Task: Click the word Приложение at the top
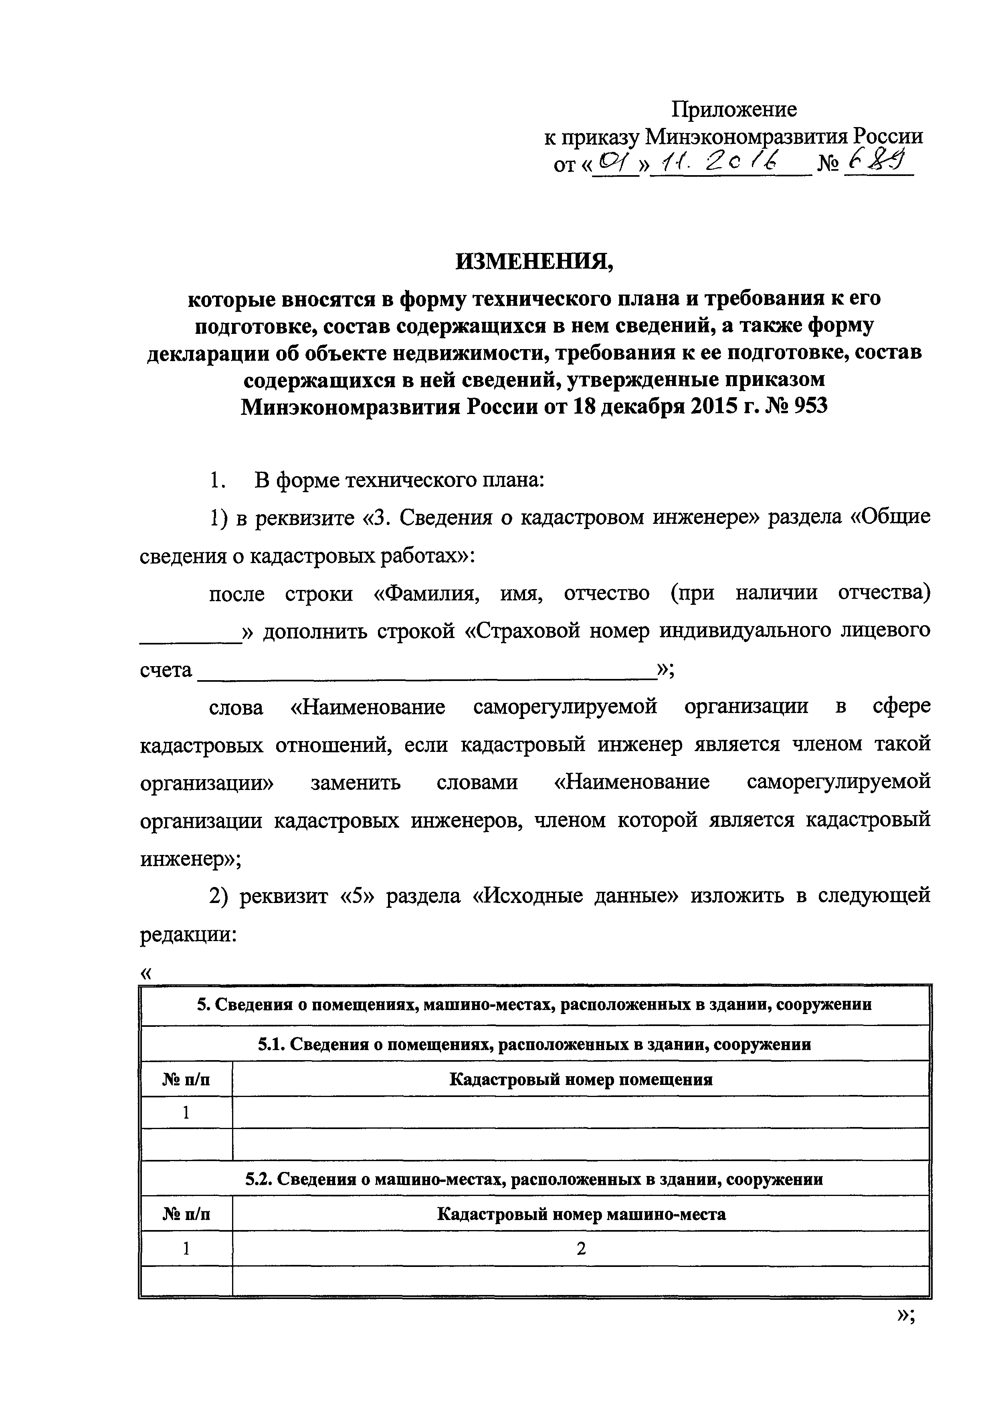pos(734,109)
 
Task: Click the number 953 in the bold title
pos(810,406)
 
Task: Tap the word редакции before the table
pos(184,935)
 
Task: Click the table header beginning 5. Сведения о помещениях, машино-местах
pos(534,1005)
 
